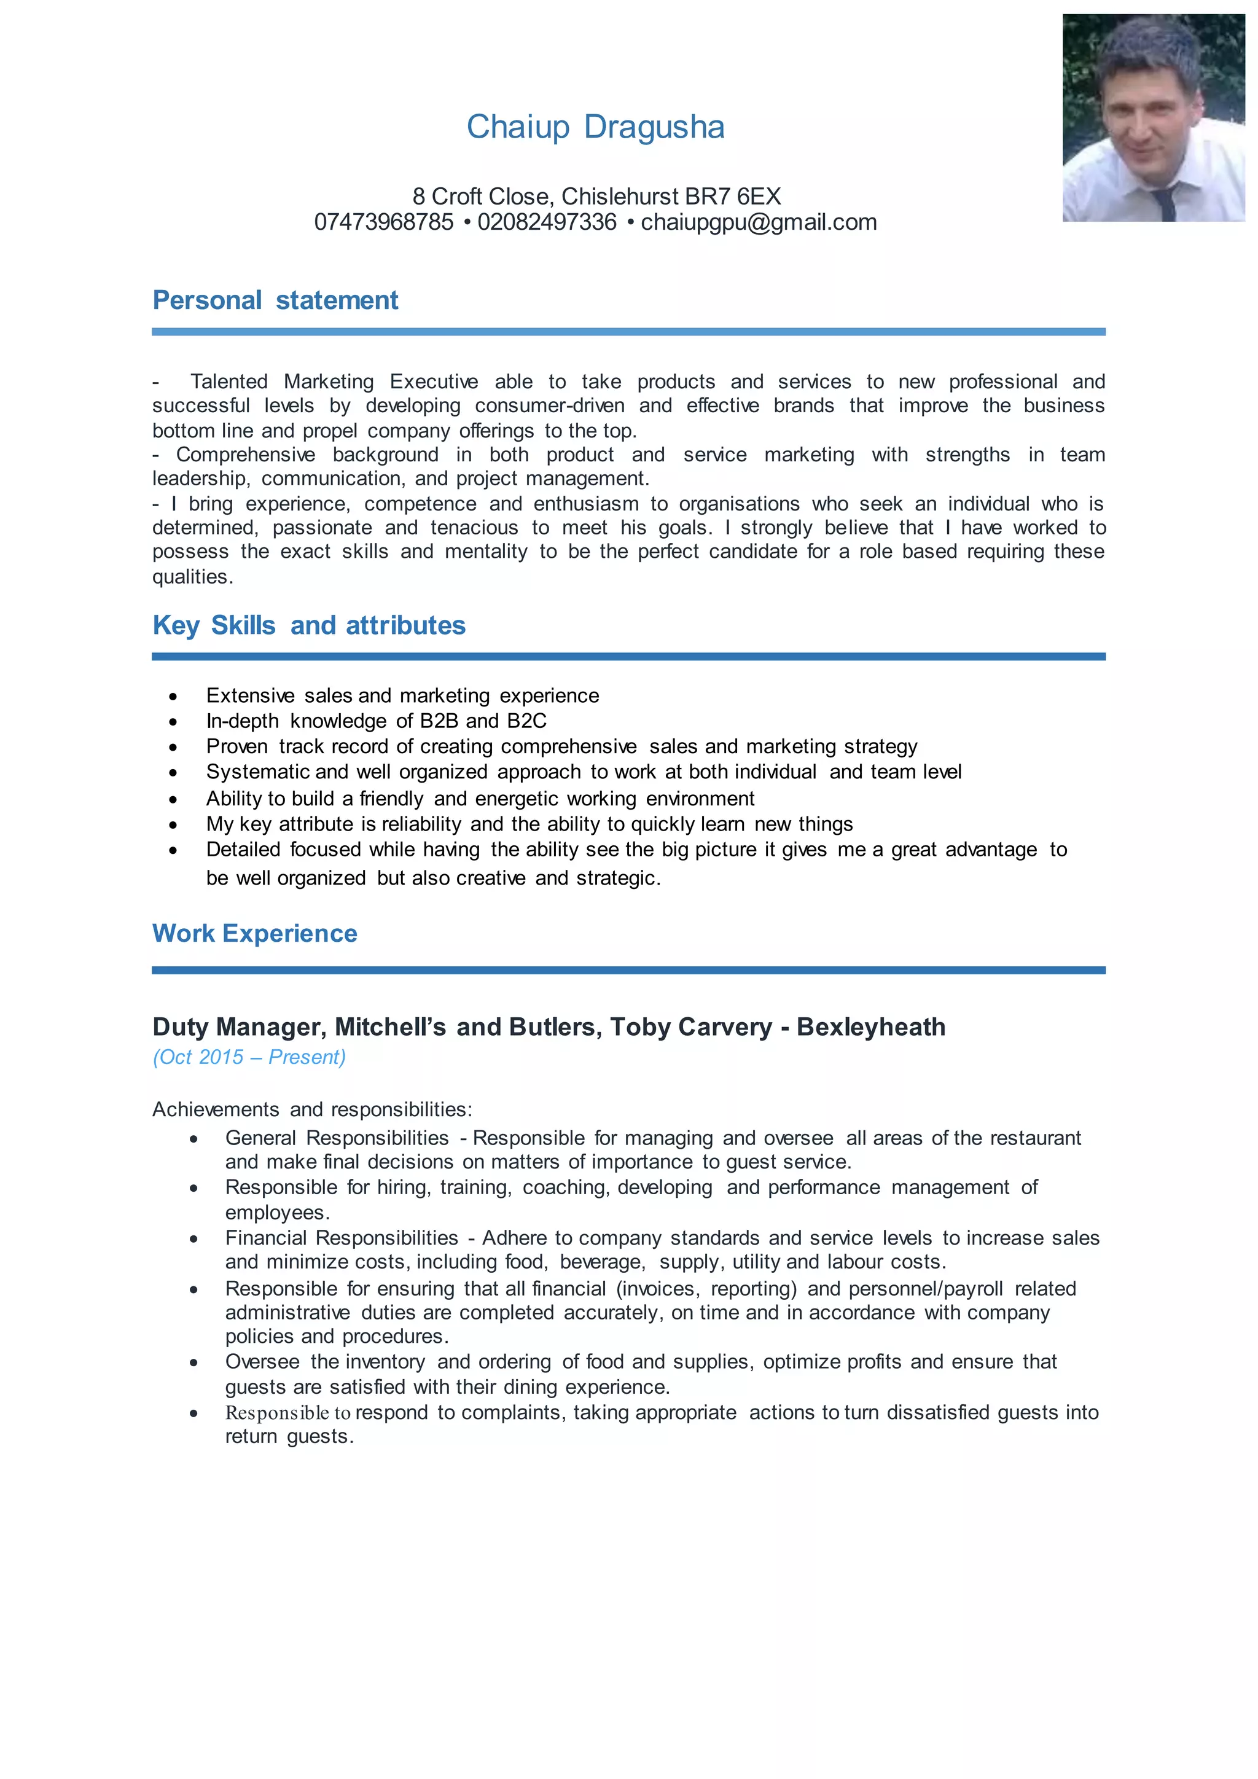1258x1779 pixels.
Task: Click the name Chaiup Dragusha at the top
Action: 595,127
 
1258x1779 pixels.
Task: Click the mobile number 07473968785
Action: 383,222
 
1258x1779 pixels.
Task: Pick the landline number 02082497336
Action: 547,222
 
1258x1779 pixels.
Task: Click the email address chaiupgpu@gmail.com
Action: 759,222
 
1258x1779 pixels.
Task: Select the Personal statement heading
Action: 275,300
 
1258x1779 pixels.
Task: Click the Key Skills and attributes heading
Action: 308,625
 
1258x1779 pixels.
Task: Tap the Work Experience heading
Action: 254,933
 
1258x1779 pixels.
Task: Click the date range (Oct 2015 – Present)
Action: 249,1057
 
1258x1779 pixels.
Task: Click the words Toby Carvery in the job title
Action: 690,1026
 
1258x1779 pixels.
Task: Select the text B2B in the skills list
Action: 439,721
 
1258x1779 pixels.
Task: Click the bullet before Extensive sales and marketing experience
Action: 173,697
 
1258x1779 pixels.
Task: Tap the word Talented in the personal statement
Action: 229,382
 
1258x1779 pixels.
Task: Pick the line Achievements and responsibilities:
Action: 312,1109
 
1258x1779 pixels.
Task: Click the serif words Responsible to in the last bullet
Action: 288,1412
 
